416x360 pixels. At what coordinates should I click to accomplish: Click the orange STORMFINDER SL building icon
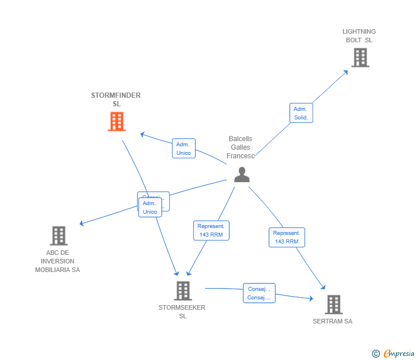117,122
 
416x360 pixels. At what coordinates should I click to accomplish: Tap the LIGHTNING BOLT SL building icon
360,58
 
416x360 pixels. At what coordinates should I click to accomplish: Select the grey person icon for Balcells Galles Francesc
242,174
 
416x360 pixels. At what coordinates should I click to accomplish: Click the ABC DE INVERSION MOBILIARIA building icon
58,235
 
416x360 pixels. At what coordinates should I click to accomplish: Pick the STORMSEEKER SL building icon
182,291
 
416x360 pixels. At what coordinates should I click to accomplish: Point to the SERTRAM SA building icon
333,305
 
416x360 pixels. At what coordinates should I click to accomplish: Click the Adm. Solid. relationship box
301,113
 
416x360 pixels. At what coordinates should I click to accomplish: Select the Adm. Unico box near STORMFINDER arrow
183,149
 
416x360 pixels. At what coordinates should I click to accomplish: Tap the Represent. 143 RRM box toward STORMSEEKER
211,230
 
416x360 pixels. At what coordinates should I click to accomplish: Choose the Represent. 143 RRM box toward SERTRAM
287,237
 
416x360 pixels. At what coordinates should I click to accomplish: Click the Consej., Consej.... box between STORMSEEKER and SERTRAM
259,293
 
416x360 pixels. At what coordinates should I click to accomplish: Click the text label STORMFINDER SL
116,99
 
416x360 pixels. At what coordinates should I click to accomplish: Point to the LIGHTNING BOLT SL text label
359,35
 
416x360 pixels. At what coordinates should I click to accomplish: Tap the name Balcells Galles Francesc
240,147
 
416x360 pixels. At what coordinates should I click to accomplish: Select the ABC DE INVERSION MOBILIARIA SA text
57,261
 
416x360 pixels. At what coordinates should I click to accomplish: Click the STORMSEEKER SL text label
182,311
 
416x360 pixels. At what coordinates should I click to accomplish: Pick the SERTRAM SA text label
333,321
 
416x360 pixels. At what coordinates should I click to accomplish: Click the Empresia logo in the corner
399,354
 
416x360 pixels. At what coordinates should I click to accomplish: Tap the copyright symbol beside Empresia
376,354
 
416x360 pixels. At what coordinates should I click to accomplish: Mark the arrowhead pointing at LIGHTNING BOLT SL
346,72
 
